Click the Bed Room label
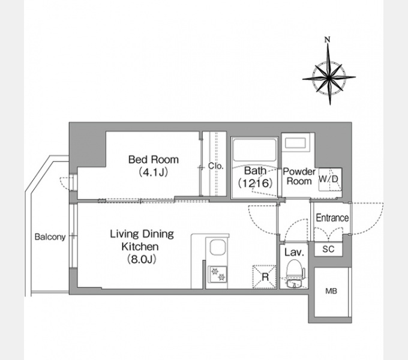pyautogui.click(x=154, y=160)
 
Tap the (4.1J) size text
pyautogui.click(x=153, y=172)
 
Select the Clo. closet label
pyautogui.click(x=216, y=166)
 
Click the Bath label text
pyautogui.click(x=255, y=170)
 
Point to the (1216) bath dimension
pyautogui.click(x=255, y=183)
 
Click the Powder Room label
pyautogui.click(x=299, y=176)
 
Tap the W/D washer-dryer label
pyautogui.click(x=328, y=179)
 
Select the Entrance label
pyautogui.click(x=332, y=218)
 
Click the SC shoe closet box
pyautogui.click(x=328, y=249)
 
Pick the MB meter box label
pyautogui.click(x=331, y=291)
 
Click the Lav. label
pyautogui.click(x=294, y=252)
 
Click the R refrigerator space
pyautogui.click(x=265, y=277)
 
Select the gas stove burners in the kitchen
pyautogui.click(x=218, y=275)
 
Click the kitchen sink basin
pyautogui.click(x=218, y=248)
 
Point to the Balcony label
pyautogui.click(x=50, y=237)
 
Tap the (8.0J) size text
pyautogui.click(x=142, y=259)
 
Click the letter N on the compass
pyautogui.click(x=328, y=40)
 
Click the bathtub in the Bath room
pyautogui.click(x=254, y=150)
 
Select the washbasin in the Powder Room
pyautogui.click(x=295, y=143)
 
